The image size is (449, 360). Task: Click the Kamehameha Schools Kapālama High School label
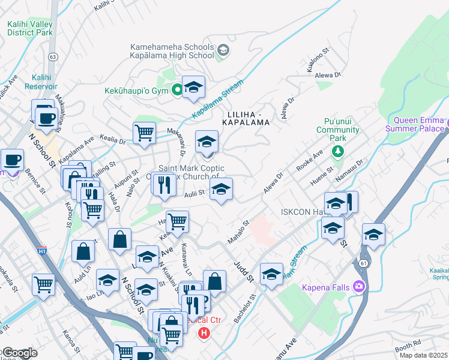pyautogui.click(x=173, y=51)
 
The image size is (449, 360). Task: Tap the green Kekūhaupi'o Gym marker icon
pyautogui.click(x=177, y=91)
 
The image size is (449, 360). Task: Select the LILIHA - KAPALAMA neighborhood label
pyautogui.click(x=247, y=117)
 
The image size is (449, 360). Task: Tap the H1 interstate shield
pyautogui.click(x=41, y=248)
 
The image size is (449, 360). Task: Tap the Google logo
pyautogui.click(x=19, y=353)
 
